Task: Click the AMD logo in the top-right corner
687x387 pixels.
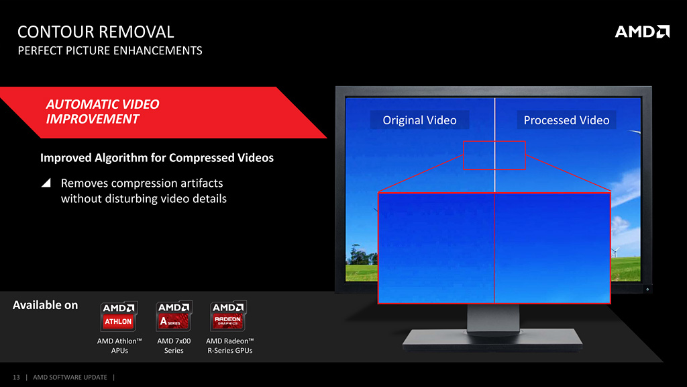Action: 642,32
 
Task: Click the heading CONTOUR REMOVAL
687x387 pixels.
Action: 95,32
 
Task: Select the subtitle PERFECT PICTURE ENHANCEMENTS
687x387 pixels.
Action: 110,51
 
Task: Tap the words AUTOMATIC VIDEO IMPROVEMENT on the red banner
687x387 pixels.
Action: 103,112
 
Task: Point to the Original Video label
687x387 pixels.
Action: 419,120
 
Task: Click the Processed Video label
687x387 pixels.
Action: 566,120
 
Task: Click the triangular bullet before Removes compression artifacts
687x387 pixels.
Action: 46,183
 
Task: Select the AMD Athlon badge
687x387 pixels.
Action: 119,316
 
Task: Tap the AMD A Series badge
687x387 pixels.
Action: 174,316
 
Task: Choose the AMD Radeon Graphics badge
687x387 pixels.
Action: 228,316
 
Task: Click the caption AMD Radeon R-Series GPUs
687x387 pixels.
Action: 229,346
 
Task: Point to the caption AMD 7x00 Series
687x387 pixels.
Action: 174,346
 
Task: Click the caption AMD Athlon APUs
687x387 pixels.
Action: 119,346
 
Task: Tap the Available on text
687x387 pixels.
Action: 45,305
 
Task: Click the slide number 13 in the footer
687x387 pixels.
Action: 16,378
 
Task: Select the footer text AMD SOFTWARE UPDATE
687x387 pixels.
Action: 70,378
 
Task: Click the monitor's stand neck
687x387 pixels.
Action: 493,318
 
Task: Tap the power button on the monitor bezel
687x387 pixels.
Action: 647,289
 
